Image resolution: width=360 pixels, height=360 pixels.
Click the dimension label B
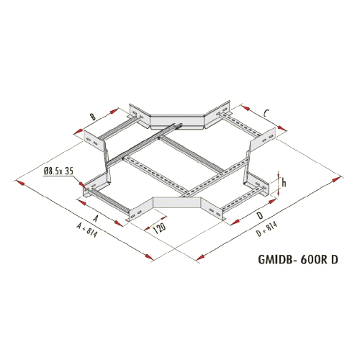[x=93, y=117]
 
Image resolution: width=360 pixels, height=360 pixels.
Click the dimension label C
[x=266, y=113]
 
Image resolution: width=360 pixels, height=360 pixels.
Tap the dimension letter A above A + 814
[x=96, y=218]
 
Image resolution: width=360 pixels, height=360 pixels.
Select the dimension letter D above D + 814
[x=260, y=216]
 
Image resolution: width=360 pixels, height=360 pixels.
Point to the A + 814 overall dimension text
[x=87, y=230]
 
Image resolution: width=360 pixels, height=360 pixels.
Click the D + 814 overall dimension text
[x=266, y=229]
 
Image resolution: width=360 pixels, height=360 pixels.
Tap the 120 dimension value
[x=159, y=228]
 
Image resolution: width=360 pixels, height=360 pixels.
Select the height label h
[x=284, y=183]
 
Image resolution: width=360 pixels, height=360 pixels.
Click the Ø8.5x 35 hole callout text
[x=58, y=171]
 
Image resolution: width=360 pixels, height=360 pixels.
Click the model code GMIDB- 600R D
[x=298, y=259]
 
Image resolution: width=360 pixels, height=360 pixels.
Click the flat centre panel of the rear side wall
[x=177, y=122]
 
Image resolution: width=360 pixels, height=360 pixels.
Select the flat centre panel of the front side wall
[x=177, y=202]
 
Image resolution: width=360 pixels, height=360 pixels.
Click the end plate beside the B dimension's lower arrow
[x=94, y=141]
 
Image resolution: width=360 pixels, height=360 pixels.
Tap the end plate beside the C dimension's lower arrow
[x=263, y=140]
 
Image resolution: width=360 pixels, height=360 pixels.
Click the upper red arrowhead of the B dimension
[x=114, y=111]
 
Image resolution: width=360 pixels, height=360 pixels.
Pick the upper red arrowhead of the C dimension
[x=246, y=108]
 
